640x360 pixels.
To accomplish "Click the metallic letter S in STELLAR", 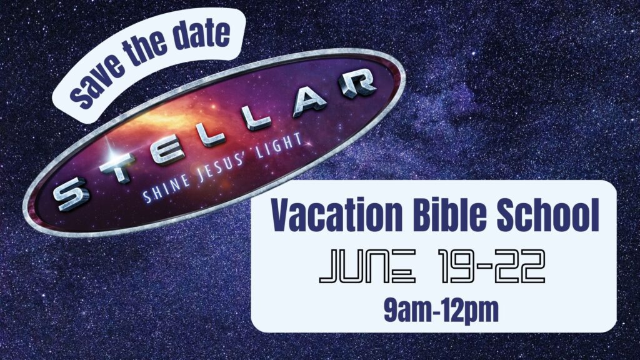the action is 72,195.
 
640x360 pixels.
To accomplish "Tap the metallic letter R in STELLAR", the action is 354,83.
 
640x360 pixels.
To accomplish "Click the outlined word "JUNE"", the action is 367,266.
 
